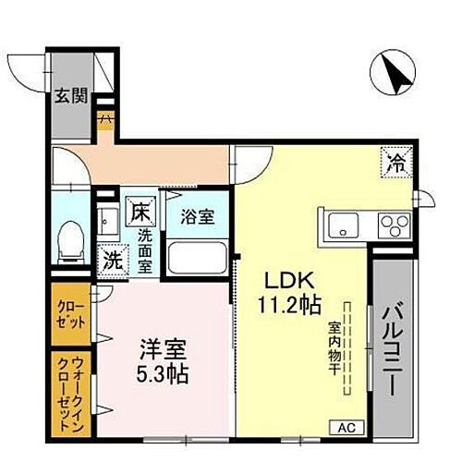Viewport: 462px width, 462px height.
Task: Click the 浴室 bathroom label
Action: (197, 217)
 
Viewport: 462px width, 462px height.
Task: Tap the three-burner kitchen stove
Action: (393, 225)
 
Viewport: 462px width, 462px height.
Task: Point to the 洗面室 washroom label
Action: (145, 249)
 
